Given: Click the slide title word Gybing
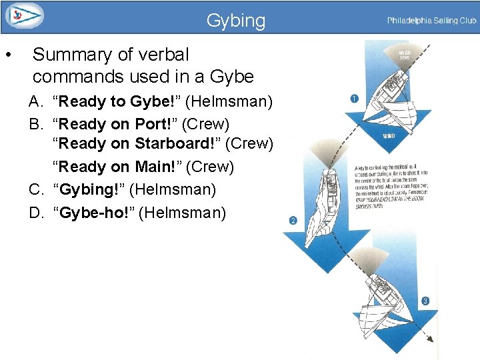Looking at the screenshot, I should [235, 21].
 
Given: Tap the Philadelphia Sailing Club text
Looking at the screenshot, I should [431, 21].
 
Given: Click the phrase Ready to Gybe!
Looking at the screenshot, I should [117, 102].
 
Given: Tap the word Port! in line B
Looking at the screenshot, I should [157, 124].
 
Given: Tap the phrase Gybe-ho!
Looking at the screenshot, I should [95, 213].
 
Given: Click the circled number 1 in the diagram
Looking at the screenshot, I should [354, 99].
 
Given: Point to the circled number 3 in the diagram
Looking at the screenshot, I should [425, 301].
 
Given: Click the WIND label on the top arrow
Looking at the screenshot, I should [389, 135].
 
